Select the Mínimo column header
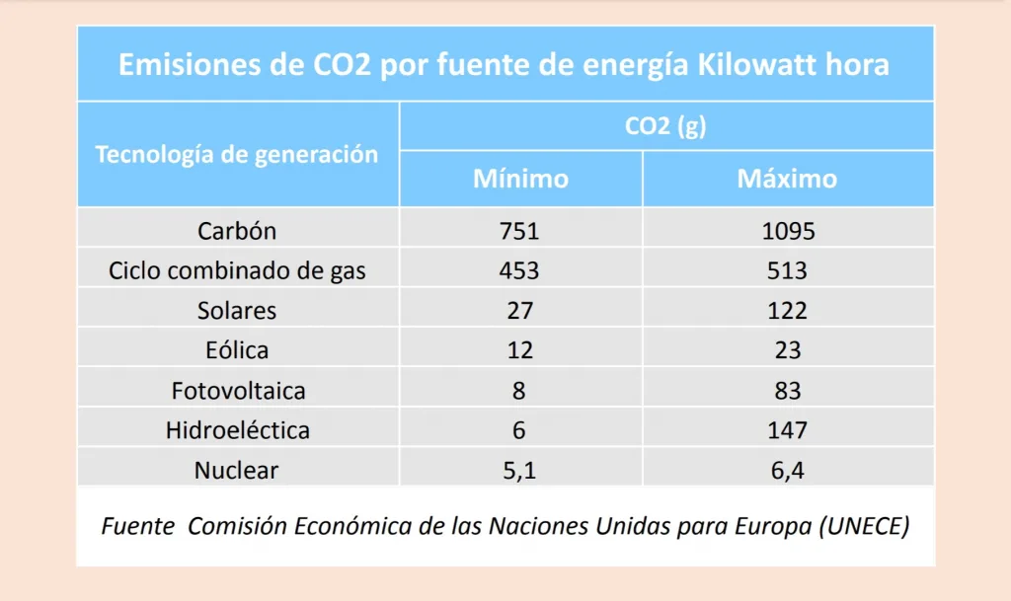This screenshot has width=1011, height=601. pyautogui.click(x=520, y=179)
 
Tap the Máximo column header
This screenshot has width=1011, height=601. pyautogui.click(x=787, y=179)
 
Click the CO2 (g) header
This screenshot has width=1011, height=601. pyautogui.click(x=665, y=126)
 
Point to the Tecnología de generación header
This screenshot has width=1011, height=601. pyautogui.click(x=237, y=154)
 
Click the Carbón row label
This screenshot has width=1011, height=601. pyautogui.click(x=237, y=231)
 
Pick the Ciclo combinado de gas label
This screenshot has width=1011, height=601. pyautogui.click(x=237, y=270)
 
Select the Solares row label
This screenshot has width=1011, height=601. pyautogui.click(x=237, y=310)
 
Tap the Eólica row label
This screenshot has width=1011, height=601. pyautogui.click(x=237, y=349)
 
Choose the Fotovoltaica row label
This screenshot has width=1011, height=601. pyautogui.click(x=238, y=390)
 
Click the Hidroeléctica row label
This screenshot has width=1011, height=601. pyautogui.click(x=237, y=430)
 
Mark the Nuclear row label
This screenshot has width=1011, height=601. pyautogui.click(x=237, y=470)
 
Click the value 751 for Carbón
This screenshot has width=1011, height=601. pyautogui.click(x=519, y=231)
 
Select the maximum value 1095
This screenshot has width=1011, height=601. pyautogui.click(x=788, y=231)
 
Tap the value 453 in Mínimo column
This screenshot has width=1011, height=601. pyautogui.click(x=519, y=270)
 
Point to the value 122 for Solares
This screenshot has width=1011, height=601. pyautogui.click(x=788, y=310)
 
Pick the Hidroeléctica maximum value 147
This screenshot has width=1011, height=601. pyautogui.click(x=788, y=430)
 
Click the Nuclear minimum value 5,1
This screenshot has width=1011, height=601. pyautogui.click(x=519, y=471)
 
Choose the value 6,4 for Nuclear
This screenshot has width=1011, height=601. pyautogui.click(x=788, y=471)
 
